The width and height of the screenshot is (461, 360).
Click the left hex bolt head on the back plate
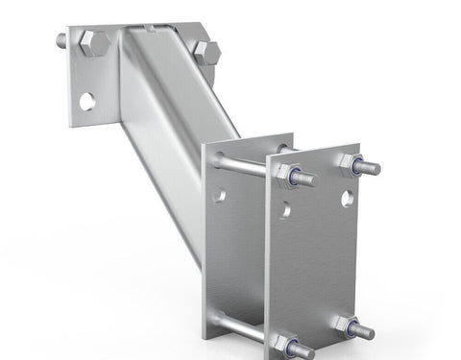point(93,44)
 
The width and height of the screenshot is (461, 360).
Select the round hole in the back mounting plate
point(87,101)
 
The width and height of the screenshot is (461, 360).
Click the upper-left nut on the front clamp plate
point(286,175)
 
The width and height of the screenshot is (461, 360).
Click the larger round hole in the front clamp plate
point(347,199)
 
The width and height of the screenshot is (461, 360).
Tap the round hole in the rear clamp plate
point(219,195)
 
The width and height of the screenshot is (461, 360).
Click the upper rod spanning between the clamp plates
point(245,165)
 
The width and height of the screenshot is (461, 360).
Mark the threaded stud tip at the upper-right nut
point(371,169)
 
